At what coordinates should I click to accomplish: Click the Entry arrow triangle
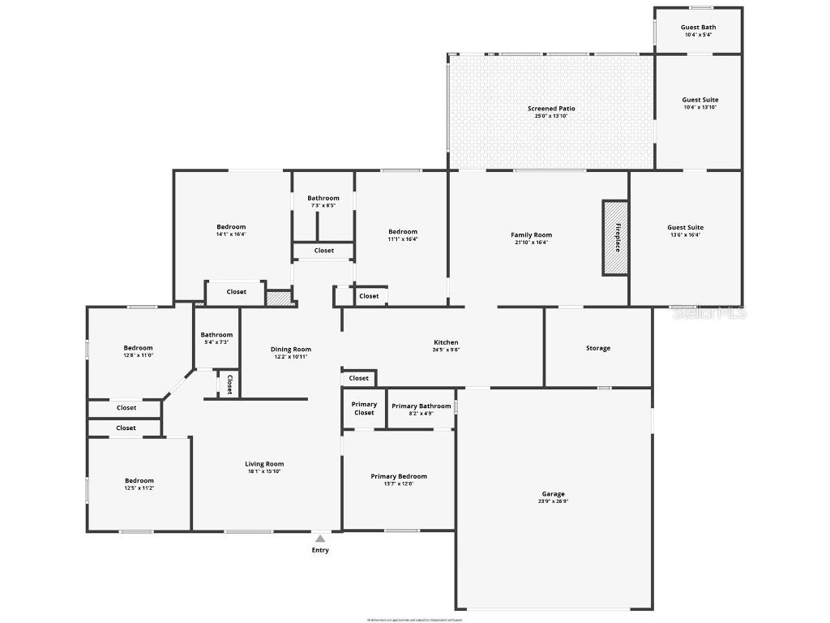[x=320, y=539]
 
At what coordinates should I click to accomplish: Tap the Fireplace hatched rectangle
[x=614, y=237]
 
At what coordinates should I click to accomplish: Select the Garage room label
[x=554, y=494]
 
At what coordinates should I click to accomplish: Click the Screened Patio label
[x=551, y=109]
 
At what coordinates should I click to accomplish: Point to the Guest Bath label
[x=698, y=27]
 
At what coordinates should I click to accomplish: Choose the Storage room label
[x=598, y=348]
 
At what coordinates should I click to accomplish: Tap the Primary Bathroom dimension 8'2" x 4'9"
[x=421, y=414]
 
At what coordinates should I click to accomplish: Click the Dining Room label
[x=290, y=350]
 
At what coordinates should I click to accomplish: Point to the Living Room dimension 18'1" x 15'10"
[x=264, y=471]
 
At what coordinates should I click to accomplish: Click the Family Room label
[x=531, y=235]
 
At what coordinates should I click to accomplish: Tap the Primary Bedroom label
[x=399, y=476]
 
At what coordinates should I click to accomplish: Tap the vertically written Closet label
[x=229, y=384]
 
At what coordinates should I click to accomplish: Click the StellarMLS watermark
[x=709, y=312]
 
